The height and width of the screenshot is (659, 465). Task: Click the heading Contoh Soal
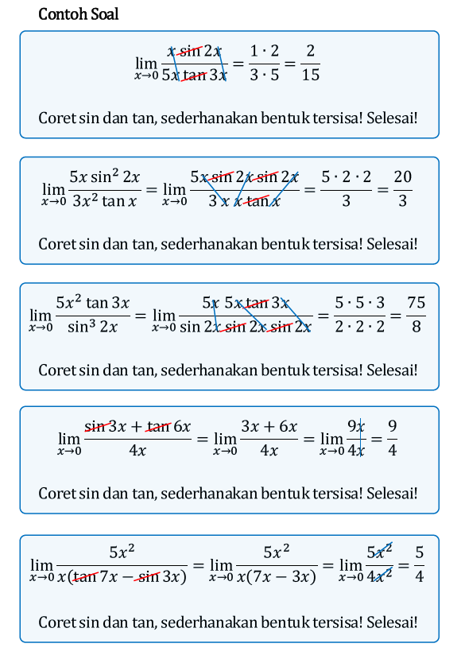78,14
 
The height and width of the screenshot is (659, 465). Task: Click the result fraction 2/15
311,63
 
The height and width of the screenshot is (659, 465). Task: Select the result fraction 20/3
402,188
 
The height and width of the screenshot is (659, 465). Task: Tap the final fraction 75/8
416,314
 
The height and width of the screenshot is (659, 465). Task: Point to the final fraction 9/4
392,438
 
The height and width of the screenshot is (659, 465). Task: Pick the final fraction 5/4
419,564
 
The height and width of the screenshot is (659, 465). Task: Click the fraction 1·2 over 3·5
265,63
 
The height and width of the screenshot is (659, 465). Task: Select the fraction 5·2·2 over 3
346,188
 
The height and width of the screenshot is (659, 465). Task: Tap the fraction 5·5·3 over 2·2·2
359,314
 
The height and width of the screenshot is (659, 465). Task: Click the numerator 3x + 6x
269,426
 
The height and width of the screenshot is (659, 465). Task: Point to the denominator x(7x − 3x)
276,576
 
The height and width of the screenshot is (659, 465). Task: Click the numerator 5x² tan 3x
92,302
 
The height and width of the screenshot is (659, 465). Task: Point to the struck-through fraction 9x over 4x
355,438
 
